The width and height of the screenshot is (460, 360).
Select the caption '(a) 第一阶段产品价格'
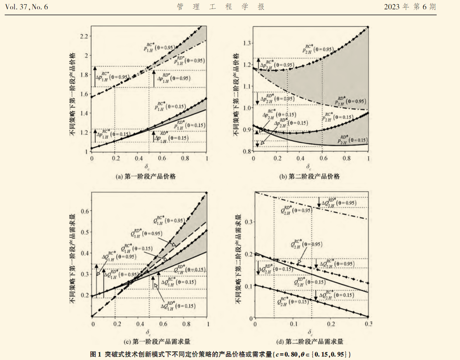pos(146,176)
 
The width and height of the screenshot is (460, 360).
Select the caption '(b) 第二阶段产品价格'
pos(310,176)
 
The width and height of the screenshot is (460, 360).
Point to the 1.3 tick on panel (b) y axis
pos(246,42)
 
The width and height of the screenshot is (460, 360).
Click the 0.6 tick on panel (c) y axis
pos(85,211)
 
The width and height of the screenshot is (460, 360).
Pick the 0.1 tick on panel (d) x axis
pos(293,324)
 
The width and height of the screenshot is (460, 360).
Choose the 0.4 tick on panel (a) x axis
pos(138,158)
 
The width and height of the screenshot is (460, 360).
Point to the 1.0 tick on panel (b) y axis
pos(246,108)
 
